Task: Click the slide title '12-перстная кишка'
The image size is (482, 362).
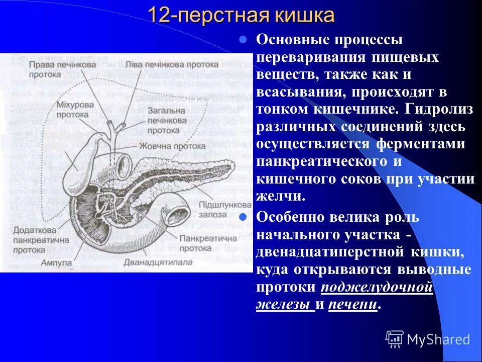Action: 241,16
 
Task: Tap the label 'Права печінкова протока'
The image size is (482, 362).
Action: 62,69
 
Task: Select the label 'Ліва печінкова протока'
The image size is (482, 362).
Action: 172,65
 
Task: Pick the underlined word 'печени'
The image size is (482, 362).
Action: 352,304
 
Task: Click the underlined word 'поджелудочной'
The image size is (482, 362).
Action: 377,287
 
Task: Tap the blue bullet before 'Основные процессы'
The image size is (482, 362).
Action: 243,39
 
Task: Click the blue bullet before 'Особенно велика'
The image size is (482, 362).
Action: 243,218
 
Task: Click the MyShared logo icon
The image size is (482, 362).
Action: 395,339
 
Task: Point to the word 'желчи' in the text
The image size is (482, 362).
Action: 281,196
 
